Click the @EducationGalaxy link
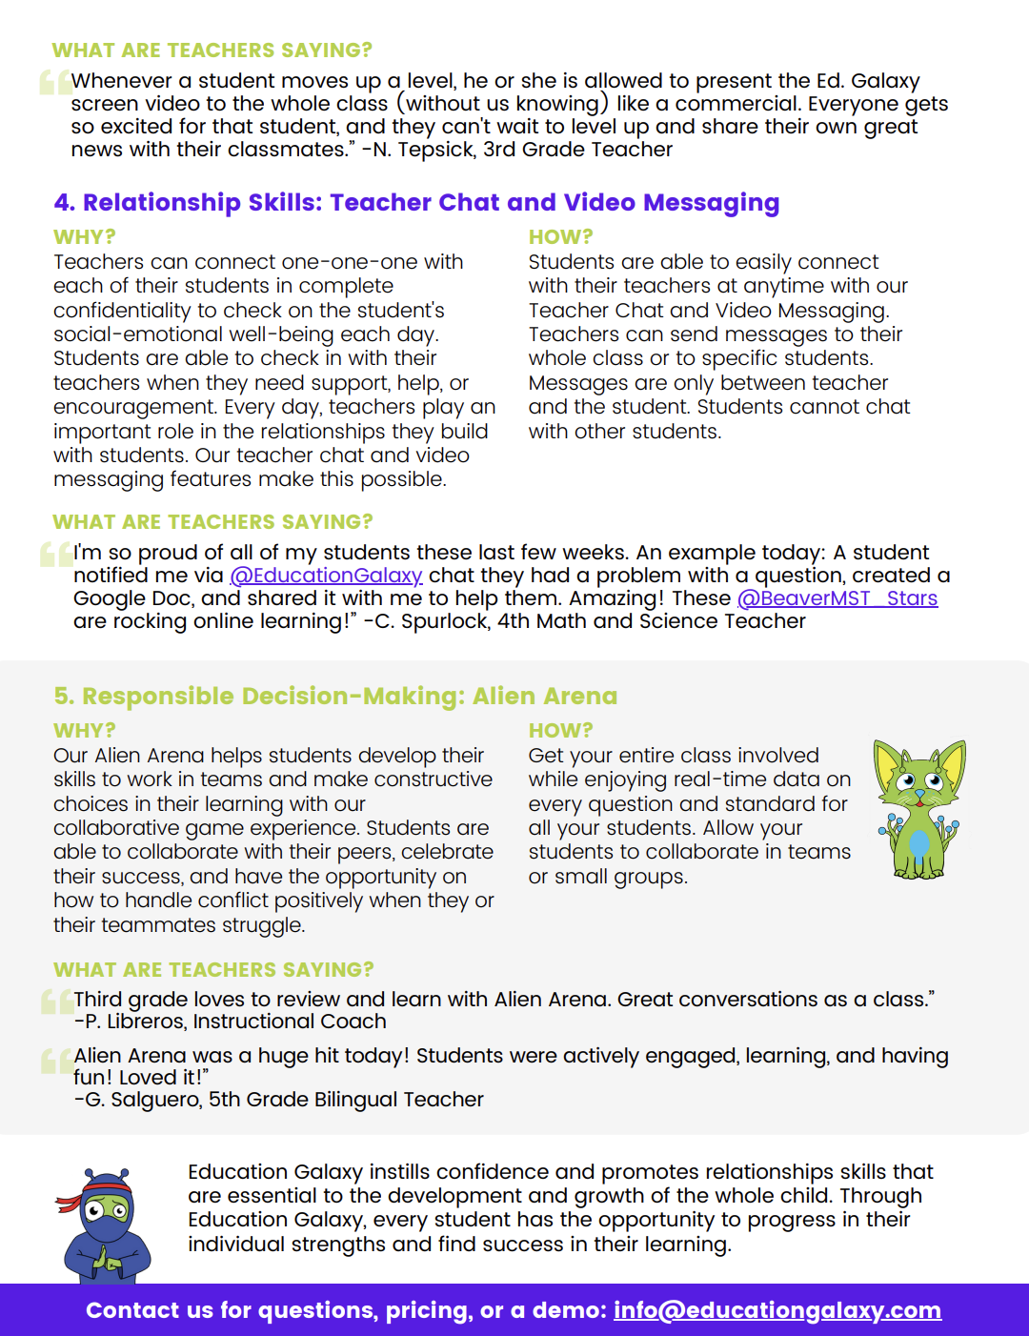pyautogui.click(x=326, y=576)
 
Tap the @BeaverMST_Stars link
pyautogui.click(x=837, y=598)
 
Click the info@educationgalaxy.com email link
pyautogui.click(x=777, y=1310)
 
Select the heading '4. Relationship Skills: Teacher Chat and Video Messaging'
pyautogui.click(x=416, y=203)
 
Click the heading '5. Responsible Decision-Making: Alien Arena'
pyautogui.click(x=335, y=697)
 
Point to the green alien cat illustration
pyautogui.click(x=919, y=809)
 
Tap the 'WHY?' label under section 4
pyautogui.click(x=84, y=237)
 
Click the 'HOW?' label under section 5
pyautogui.click(x=560, y=731)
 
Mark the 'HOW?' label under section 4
pyautogui.click(x=560, y=237)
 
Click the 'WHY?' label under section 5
pyautogui.click(x=84, y=731)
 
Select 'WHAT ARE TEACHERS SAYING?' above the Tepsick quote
pyautogui.click(x=212, y=51)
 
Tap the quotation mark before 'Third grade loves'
pyautogui.click(x=57, y=1001)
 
